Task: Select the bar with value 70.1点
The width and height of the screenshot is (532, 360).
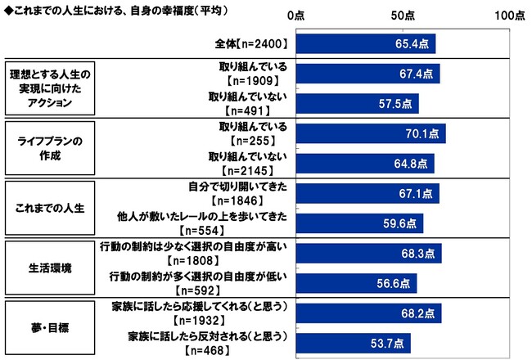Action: click(370, 133)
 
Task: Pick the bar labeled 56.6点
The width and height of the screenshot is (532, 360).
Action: click(356, 282)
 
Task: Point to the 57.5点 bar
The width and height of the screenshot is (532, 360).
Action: click(357, 104)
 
